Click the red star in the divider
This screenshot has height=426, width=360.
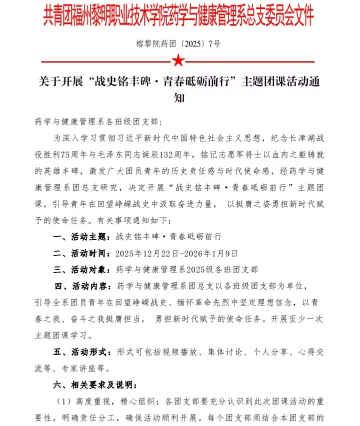tap(178, 60)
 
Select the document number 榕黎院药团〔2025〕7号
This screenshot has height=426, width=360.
tap(178, 43)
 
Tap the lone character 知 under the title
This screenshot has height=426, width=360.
tap(178, 98)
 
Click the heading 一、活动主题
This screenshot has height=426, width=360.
tap(81, 236)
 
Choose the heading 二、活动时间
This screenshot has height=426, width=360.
tap(81, 253)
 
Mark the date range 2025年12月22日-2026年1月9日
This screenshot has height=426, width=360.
tap(176, 253)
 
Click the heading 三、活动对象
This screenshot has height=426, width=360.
tap(81, 269)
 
